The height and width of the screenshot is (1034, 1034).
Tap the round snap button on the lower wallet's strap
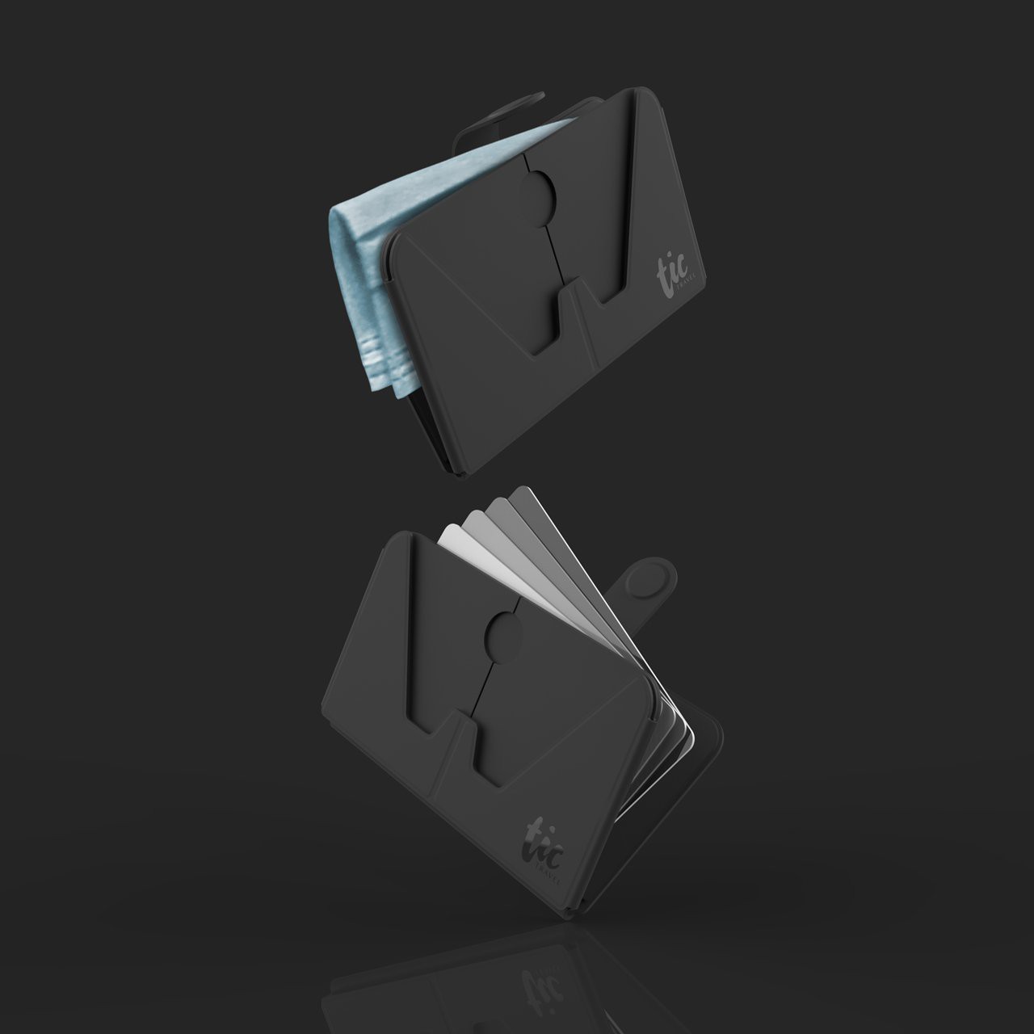coord(652,580)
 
